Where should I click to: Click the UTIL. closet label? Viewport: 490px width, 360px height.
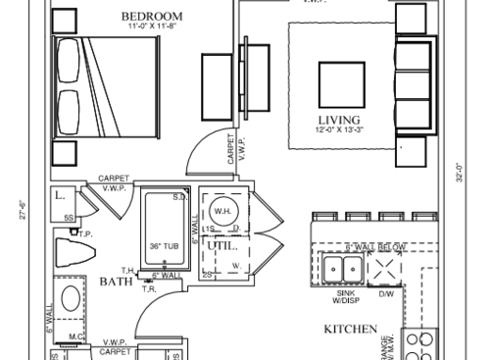[231, 245]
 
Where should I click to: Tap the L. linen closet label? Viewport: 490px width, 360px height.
[60, 195]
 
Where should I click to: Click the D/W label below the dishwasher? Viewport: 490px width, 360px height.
[385, 293]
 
